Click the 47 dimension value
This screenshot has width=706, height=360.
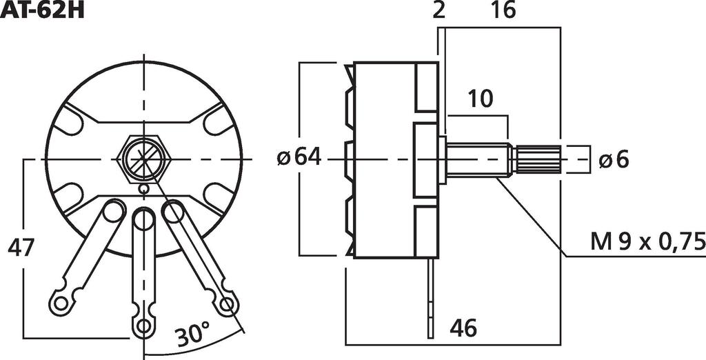[21, 247]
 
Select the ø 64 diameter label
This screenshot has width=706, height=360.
[299, 158]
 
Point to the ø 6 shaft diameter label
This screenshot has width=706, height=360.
[614, 159]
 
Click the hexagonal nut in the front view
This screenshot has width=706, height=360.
[143, 159]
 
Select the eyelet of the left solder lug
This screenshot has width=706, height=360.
[58, 301]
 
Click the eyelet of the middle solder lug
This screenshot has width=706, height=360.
[143, 325]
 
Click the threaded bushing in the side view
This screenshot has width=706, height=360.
[477, 159]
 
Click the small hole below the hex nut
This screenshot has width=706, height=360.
[143, 188]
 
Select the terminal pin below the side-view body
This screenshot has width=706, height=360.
[431, 297]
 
